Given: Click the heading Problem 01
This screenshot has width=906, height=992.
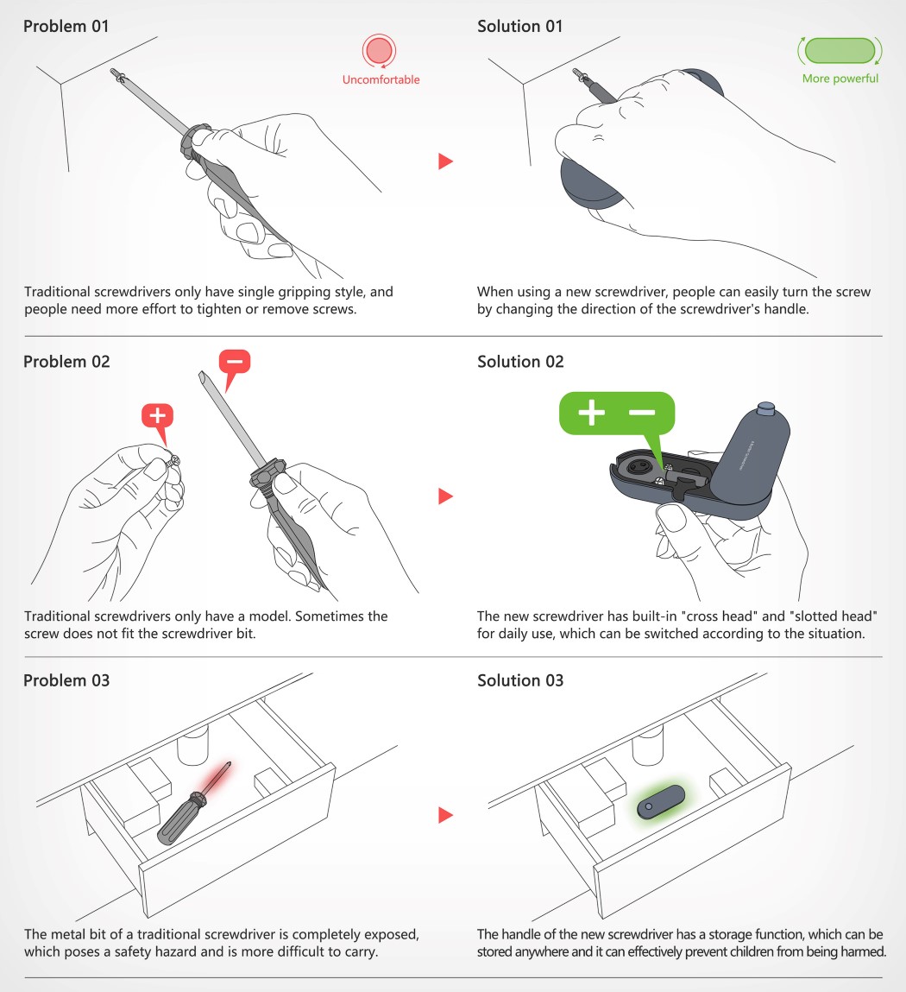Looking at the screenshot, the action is point(66,27).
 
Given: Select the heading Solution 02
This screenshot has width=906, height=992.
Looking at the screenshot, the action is point(519,362).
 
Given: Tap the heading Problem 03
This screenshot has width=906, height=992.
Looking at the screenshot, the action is point(66,680).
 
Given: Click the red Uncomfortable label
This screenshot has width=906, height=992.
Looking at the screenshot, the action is point(381,79).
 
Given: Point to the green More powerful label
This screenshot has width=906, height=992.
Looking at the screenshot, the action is point(840,79).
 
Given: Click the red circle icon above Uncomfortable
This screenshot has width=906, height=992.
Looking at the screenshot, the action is point(379,51).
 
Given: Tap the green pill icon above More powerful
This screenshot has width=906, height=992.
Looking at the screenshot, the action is point(840,51).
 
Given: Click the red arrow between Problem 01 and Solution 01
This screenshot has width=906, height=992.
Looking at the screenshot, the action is point(445,161).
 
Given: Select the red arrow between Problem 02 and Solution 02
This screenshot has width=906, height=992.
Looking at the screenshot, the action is point(445,496).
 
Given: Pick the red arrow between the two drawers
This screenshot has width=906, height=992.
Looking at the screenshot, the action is point(445,815).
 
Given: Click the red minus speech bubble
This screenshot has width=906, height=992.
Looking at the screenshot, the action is point(234,367).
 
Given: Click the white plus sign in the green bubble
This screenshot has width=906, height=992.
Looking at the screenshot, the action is point(591,413).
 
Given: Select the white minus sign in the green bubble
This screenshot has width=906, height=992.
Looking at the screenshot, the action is point(642,413).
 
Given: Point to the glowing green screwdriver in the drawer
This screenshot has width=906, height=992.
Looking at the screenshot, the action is point(661,802).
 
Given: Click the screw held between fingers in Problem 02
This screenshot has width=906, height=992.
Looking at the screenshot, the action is point(173,461).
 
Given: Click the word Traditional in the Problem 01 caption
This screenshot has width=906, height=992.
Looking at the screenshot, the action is point(57,293).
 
